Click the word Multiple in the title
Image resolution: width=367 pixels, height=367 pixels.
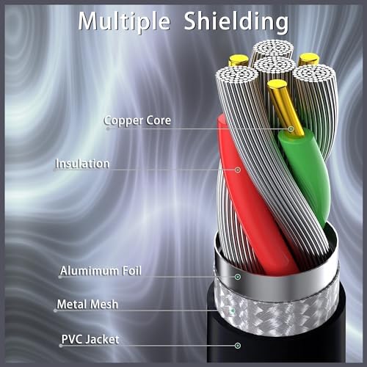124,21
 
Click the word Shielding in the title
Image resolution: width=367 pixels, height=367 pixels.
236,22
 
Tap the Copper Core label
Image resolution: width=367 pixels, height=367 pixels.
137,120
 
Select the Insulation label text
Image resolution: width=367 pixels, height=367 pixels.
82,164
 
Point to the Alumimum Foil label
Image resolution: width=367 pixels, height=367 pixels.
101,271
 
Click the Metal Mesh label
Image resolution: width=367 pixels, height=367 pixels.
87,305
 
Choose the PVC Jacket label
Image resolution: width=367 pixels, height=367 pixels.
90,340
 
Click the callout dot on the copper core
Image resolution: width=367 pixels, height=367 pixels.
291,128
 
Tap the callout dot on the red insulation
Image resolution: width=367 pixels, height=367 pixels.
238,170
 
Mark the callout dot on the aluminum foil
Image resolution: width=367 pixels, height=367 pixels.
238,277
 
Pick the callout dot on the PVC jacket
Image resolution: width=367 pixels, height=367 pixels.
238,346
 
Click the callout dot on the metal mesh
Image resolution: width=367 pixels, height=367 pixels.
233,310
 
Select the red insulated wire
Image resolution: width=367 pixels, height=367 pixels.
252,196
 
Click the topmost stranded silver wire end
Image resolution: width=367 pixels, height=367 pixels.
273,49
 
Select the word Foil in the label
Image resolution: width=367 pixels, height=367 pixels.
131,271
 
